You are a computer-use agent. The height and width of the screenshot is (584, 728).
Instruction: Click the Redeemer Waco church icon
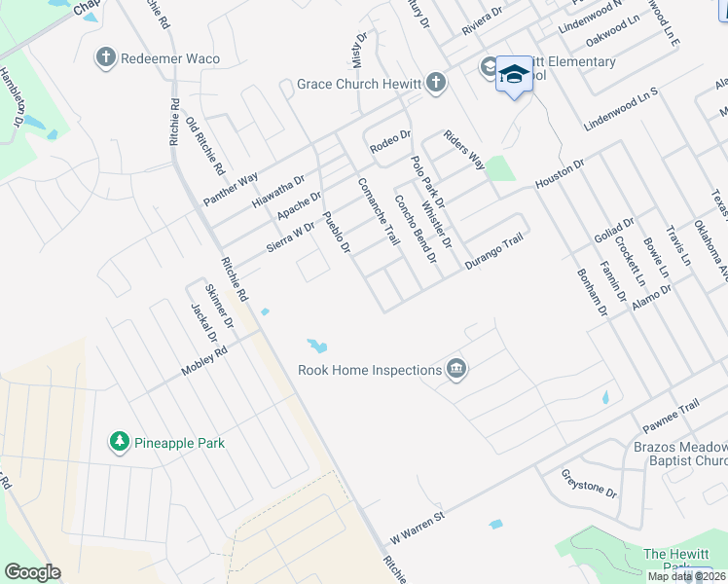click(x=106, y=58)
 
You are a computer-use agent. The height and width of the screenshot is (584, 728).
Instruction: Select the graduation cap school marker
click(x=514, y=75)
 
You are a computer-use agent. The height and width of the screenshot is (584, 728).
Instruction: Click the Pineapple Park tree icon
click(x=120, y=443)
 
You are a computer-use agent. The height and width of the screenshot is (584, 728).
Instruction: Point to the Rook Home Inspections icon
click(x=455, y=370)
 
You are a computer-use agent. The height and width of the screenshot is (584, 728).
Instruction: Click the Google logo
click(x=32, y=572)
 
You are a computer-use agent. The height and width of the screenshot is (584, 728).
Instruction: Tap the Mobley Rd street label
click(x=203, y=360)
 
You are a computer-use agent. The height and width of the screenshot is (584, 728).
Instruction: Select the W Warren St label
click(x=417, y=526)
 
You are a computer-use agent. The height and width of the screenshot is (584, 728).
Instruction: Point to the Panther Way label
click(x=231, y=188)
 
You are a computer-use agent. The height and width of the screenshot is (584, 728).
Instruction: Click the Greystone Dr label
click(x=590, y=483)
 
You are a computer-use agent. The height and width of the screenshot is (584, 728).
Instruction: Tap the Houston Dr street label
click(x=559, y=174)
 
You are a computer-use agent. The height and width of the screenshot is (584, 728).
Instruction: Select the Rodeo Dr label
click(x=391, y=141)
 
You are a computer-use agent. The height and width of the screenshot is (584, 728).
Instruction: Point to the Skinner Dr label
click(x=221, y=305)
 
